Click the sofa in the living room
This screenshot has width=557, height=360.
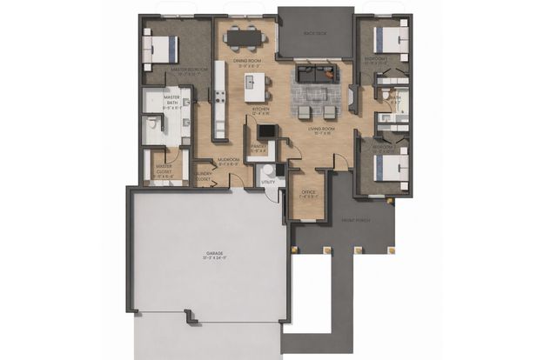point(314,73)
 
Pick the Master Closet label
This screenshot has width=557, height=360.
point(163,169)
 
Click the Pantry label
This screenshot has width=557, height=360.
point(259,148)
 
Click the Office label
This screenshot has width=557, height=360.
point(308,194)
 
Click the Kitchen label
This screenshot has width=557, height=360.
point(261,109)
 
